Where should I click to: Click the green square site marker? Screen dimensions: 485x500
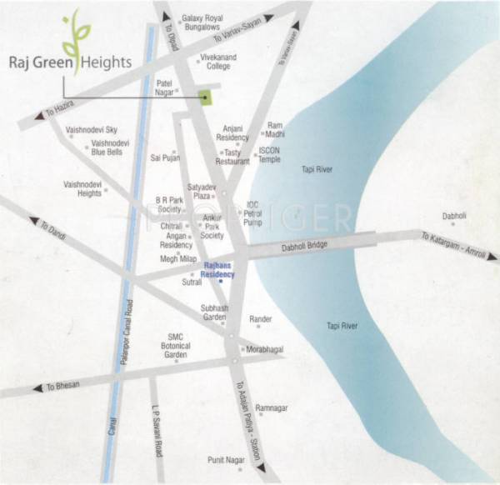point(205,98)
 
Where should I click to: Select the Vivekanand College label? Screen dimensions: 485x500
point(218,62)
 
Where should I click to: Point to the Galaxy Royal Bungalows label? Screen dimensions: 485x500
point(204,22)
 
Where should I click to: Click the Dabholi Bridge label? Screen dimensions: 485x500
point(307,245)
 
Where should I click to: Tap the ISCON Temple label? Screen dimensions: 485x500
point(270,154)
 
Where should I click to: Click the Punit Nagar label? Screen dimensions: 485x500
point(227,459)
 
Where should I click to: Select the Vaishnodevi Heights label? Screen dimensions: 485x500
point(82,188)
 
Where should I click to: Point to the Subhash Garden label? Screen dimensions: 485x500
point(214,312)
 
